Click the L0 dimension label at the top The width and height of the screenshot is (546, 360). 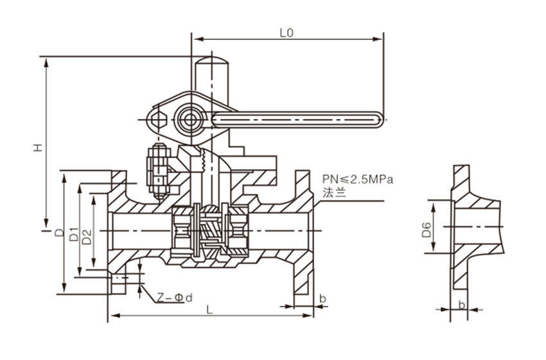click(286, 33)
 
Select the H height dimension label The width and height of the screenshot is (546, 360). click(39, 148)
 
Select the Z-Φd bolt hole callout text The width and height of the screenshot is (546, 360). click(175, 298)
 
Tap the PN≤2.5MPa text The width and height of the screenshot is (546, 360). click(357, 178)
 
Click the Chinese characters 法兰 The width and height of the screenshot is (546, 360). click(333, 192)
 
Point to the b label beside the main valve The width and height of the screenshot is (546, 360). click(322, 298)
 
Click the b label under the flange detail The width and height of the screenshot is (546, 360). click(461, 303)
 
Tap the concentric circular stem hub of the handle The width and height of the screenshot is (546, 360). click(189, 119)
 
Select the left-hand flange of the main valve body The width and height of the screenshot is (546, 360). click(117, 231)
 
